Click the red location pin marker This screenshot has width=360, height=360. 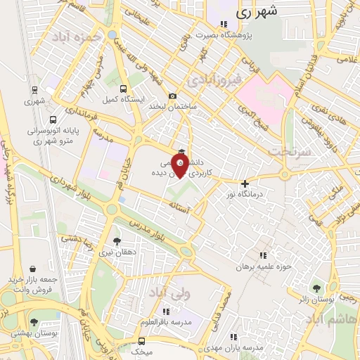(x=181, y=167)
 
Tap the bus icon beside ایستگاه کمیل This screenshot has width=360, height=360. (x=124, y=89)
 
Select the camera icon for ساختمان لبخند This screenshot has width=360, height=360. (x=173, y=96)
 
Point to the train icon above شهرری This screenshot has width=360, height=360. (x=34, y=90)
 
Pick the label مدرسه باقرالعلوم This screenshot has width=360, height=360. (x=172, y=322)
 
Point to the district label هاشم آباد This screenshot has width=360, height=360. (x=331, y=319)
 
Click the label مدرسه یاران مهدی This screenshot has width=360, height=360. (x=238, y=348)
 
